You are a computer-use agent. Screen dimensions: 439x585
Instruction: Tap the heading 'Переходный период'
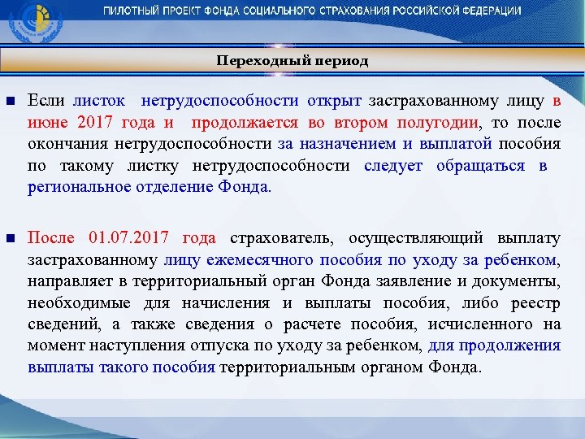click(x=292, y=61)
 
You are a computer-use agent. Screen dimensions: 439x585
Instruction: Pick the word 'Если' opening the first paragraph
click(x=42, y=101)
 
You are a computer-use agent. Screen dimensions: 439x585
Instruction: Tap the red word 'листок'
click(x=99, y=101)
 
